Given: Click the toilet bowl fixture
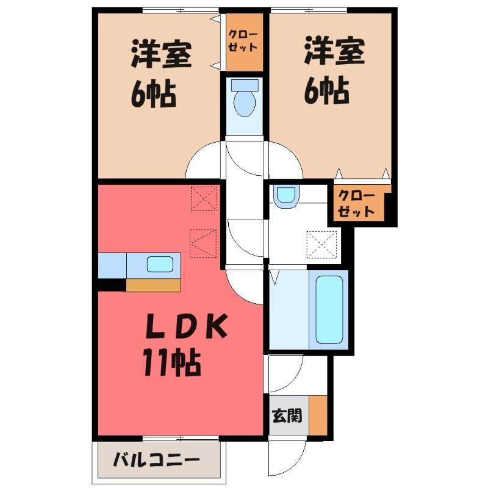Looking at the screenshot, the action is click(x=245, y=103).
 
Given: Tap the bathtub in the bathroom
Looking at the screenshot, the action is click(x=329, y=310).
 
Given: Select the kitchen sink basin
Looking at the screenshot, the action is click(x=160, y=264).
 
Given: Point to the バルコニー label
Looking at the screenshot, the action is click(x=156, y=460).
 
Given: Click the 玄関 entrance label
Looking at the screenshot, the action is click(x=287, y=415).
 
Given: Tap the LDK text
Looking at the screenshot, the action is click(x=186, y=326).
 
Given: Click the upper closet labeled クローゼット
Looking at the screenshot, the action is click(x=245, y=42).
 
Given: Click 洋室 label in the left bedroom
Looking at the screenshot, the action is click(x=161, y=53).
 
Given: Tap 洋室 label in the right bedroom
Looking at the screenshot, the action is click(x=334, y=51).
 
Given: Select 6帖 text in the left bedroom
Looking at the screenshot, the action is click(x=153, y=93).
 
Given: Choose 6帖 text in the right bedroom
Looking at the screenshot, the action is click(x=326, y=90).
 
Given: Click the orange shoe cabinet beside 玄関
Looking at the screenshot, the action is click(x=318, y=415).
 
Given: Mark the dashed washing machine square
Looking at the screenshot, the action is click(x=321, y=245).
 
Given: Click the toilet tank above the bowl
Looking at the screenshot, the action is click(x=245, y=85).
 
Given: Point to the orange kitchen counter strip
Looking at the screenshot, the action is click(x=153, y=285).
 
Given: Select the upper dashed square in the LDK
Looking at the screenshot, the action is click(x=204, y=199).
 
